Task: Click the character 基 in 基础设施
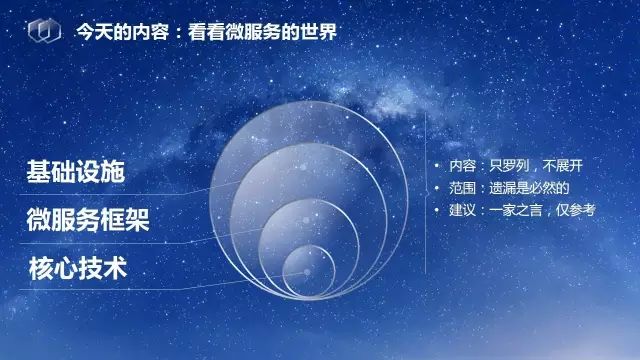click(39, 171)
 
